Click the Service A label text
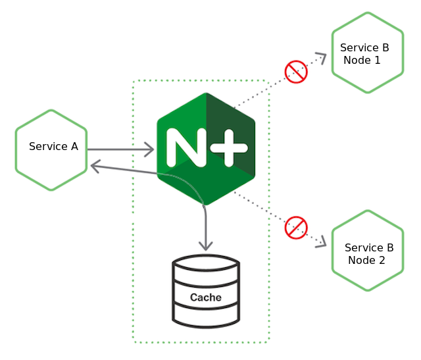[53, 147]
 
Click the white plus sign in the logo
[226, 147]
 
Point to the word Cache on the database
[206, 297]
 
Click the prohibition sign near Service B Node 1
[296, 72]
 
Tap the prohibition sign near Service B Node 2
[296, 228]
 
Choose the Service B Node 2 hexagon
[367, 251]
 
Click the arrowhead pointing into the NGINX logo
[149, 149]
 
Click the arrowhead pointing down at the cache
[206, 245]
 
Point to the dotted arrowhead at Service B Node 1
[321, 57]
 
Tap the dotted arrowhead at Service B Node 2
[322, 243]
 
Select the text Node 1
[362, 60]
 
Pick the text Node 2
[366, 260]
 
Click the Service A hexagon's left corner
[17, 151]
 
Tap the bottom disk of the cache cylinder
[206, 315]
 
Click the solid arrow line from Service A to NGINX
[118, 149]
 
